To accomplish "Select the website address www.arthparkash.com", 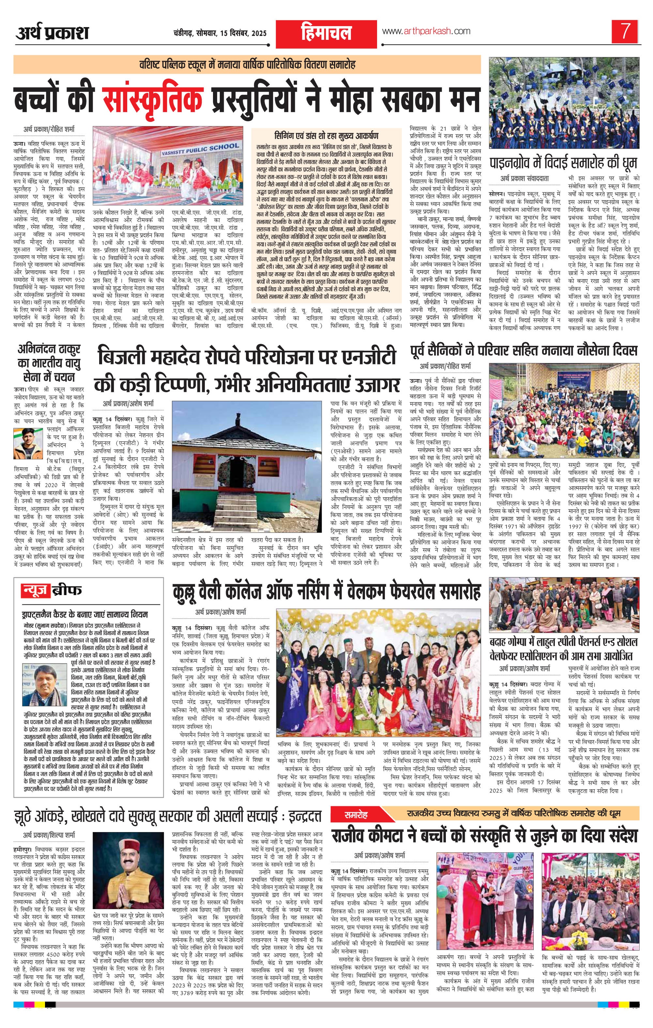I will pyautogui.click(x=426, y=31).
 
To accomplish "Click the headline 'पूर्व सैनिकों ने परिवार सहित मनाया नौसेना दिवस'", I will pyautogui.click(x=524, y=350).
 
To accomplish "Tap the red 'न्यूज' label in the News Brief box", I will pyautogui.click(x=35, y=591).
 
